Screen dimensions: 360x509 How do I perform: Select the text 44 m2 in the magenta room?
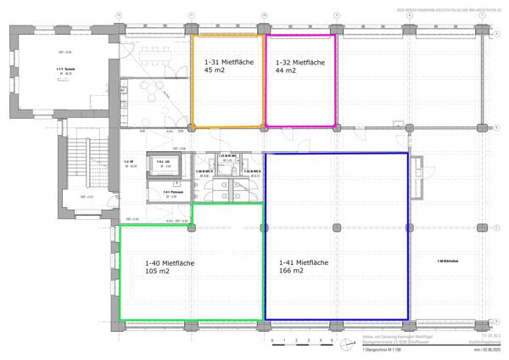click(287, 72)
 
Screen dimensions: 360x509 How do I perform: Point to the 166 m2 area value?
click(293, 273)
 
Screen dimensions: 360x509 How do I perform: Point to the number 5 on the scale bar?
click(332, 343)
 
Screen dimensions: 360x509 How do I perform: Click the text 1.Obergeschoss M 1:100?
click(381, 351)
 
